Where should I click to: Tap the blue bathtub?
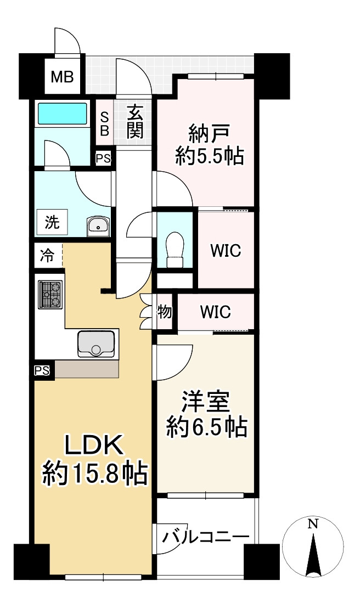pos(62,115)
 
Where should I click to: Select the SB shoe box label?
pos(104,124)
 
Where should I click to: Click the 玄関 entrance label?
pos(135,123)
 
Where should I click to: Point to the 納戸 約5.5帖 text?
pos(209,145)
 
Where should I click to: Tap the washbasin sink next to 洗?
pos(99,225)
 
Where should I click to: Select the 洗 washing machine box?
pos(52,223)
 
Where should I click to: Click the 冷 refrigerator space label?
pos(48,255)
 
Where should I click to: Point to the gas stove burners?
pos(50,295)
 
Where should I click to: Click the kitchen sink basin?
pos(96,343)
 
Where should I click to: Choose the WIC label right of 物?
pos(215,312)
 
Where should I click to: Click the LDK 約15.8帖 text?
pos(95,459)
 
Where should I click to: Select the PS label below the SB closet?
pos(103,159)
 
